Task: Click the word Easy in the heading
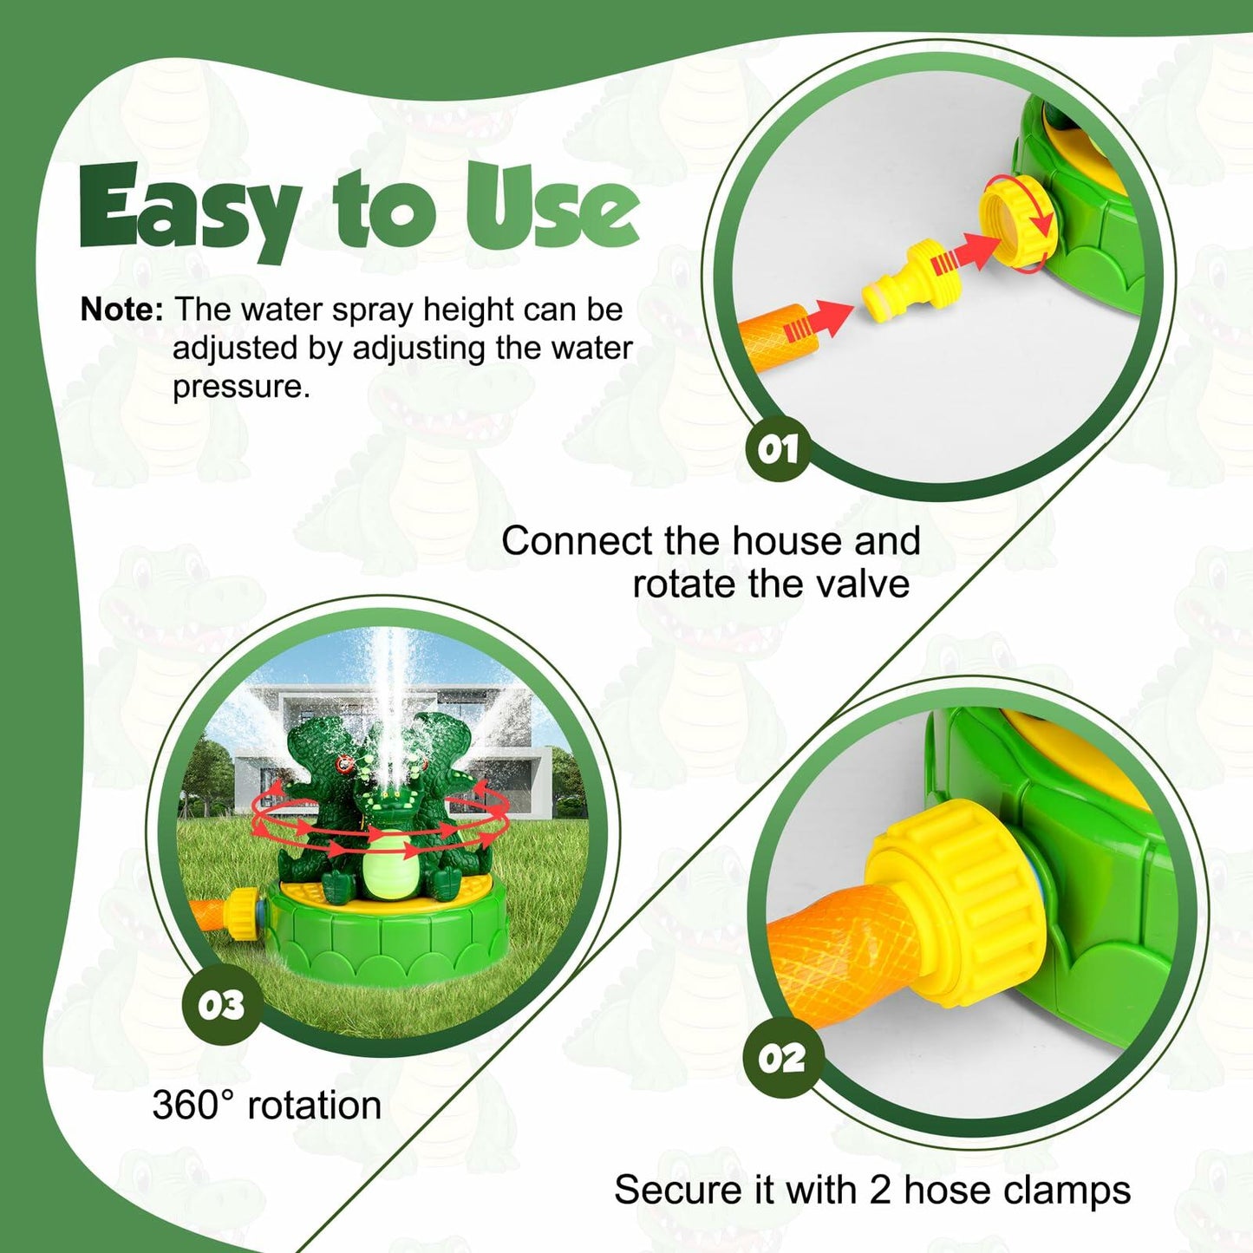tap(189, 211)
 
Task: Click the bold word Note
tap(121, 310)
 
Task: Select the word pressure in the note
tap(241, 387)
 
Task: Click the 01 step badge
tap(778, 449)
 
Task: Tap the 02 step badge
tap(781, 1058)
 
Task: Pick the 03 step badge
tap(221, 1005)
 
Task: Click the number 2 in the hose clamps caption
tap(879, 1191)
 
